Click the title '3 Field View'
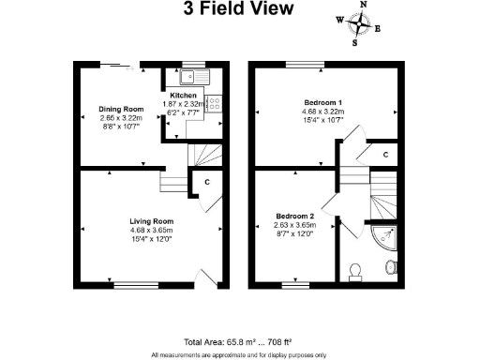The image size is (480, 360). click(x=238, y=10)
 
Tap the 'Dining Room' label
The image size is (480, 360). click(x=120, y=110)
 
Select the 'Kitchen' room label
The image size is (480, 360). click(x=182, y=95)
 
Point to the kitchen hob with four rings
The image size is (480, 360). click(x=213, y=105)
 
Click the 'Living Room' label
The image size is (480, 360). click(x=150, y=221)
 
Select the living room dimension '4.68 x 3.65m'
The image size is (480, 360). click(x=150, y=230)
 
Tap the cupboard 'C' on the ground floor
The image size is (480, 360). click(x=206, y=183)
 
